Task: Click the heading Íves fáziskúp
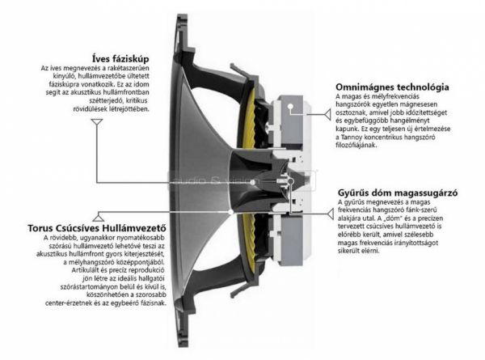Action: point(120,58)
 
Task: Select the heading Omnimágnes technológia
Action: point(392,87)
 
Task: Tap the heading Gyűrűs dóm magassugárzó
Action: point(398,193)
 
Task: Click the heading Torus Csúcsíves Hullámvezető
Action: point(97,228)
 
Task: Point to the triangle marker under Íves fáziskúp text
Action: point(97,122)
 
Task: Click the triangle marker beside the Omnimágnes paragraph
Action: point(327,115)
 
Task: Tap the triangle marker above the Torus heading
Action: point(98,217)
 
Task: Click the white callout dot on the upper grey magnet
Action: point(290,107)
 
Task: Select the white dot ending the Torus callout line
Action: point(230,212)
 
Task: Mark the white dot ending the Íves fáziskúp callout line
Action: point(253,183)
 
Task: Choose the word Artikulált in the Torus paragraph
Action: point(83,270)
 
